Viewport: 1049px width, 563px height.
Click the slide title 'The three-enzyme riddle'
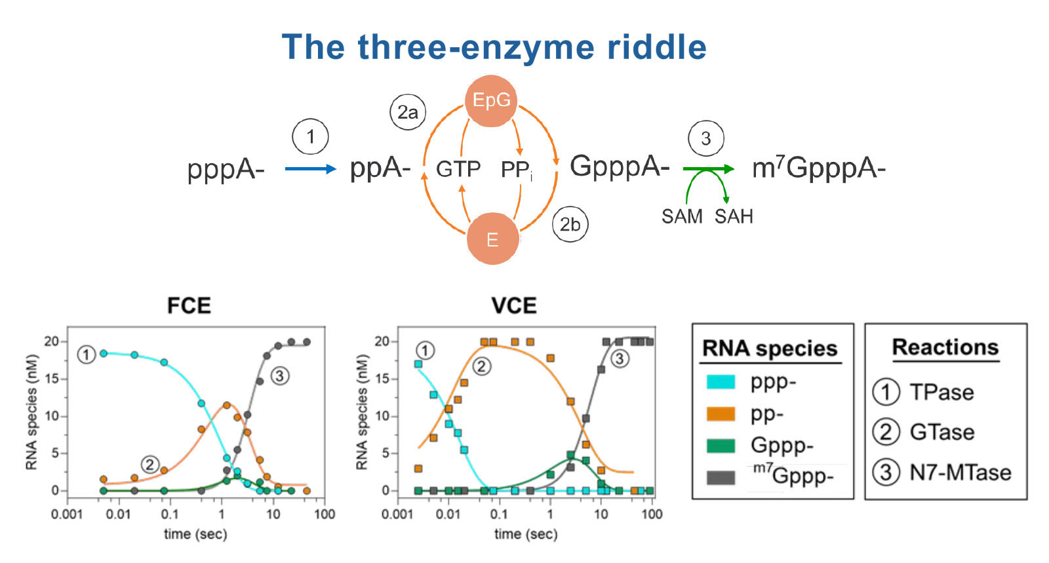click(x=494, y=47)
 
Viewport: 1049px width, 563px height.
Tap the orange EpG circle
click(x=491, y=101)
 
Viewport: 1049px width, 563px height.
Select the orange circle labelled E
click(x=492, y=239)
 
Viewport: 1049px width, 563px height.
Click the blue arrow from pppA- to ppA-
click(x=310, y=169)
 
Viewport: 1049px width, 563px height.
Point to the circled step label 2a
click(x=407, y=113)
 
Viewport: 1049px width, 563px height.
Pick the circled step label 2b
click(x=570, y=225)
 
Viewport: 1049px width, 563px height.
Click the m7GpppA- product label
click(x=818, y=168)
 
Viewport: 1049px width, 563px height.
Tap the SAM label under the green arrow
click(x=682, y=216)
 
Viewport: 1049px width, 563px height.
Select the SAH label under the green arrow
click(x=734, y=216)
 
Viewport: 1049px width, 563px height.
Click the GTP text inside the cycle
click(x=458, y=169)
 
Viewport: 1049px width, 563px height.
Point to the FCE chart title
click(x=189, y=305)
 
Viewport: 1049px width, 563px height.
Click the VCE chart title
click(x=514, y=305)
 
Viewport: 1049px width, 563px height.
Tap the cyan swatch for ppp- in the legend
click(x=721, y=381)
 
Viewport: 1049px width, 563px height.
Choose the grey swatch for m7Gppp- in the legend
click(x=721, y=477)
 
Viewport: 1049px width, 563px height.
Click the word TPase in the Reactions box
click(x=941, y=392)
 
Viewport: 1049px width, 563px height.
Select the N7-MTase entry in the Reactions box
click(x=960, y=472)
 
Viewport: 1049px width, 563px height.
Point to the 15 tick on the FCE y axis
click(x=52, y=379)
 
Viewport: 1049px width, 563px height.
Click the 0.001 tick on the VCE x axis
click(x=397, y=514)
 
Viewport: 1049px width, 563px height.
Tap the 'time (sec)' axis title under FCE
click(x=195, y=534)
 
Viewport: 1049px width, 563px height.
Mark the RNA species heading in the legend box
click(x=770, y=348)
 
